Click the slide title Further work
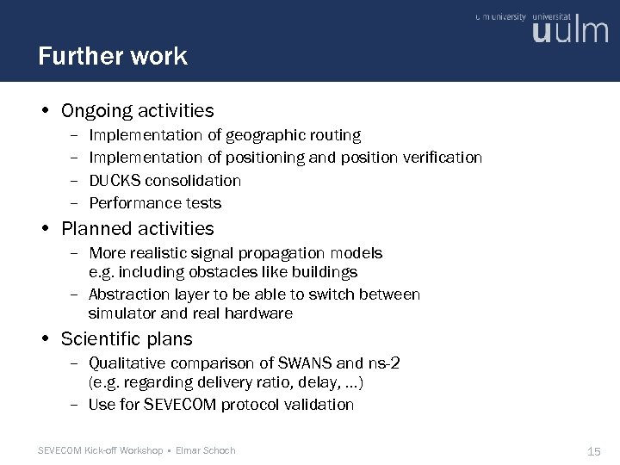tap(113, 57)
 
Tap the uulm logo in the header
tap(570, 31)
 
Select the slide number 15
tap(593, 450)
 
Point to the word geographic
tap(262, 135)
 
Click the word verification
tap(439, 158)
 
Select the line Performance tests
tap(155, 203)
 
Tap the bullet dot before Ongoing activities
tap(45, 111)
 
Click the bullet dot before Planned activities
tap(45, 229)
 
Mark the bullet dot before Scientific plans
tap(45, 339)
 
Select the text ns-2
tap(383, 362)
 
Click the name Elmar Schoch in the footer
tap(205, 450)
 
